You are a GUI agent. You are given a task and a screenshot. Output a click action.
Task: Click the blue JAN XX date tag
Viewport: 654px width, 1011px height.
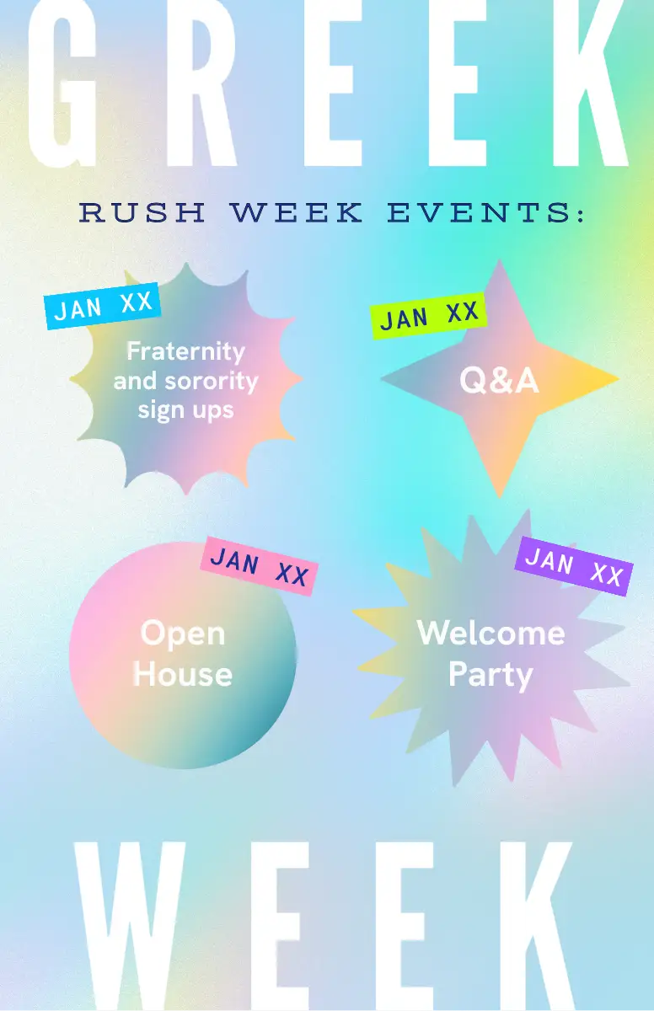pos(103,306)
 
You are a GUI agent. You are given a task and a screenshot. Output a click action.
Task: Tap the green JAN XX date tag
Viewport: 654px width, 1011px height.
pos(428,316)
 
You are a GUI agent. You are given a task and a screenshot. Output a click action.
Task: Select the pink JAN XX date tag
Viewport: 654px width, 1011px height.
pos(260,566)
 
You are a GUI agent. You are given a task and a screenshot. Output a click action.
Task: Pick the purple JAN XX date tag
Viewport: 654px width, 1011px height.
pos(574,566)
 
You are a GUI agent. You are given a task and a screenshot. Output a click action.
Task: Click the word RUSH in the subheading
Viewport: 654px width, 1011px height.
pos(142,212)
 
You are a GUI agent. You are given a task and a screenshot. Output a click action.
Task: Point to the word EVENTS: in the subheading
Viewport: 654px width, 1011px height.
pos(485,212)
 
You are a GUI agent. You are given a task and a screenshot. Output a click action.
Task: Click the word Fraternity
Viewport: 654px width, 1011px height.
pos(186,351)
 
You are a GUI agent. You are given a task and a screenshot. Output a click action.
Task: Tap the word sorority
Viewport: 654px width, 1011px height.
pos(212,382)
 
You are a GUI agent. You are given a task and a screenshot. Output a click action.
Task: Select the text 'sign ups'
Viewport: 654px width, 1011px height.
pos(186,410)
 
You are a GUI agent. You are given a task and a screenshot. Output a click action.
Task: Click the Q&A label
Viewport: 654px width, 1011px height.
pos(499,380)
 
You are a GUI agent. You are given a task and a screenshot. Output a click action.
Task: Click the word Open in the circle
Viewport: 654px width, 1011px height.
pos(183,634)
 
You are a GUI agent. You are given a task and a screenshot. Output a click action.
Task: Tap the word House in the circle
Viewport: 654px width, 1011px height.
pos(183,674)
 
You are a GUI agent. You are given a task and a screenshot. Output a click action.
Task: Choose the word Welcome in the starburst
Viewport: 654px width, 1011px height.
pos(491,633)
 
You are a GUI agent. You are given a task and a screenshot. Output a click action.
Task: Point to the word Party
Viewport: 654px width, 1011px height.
pos(491,675)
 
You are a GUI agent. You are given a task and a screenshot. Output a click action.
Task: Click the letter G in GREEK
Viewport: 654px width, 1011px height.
pos(62,83)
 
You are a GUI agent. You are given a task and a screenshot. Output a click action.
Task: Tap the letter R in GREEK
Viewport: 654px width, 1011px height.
pos(201,83)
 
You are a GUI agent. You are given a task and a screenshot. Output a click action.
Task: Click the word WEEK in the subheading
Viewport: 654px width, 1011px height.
pos(296,212)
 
